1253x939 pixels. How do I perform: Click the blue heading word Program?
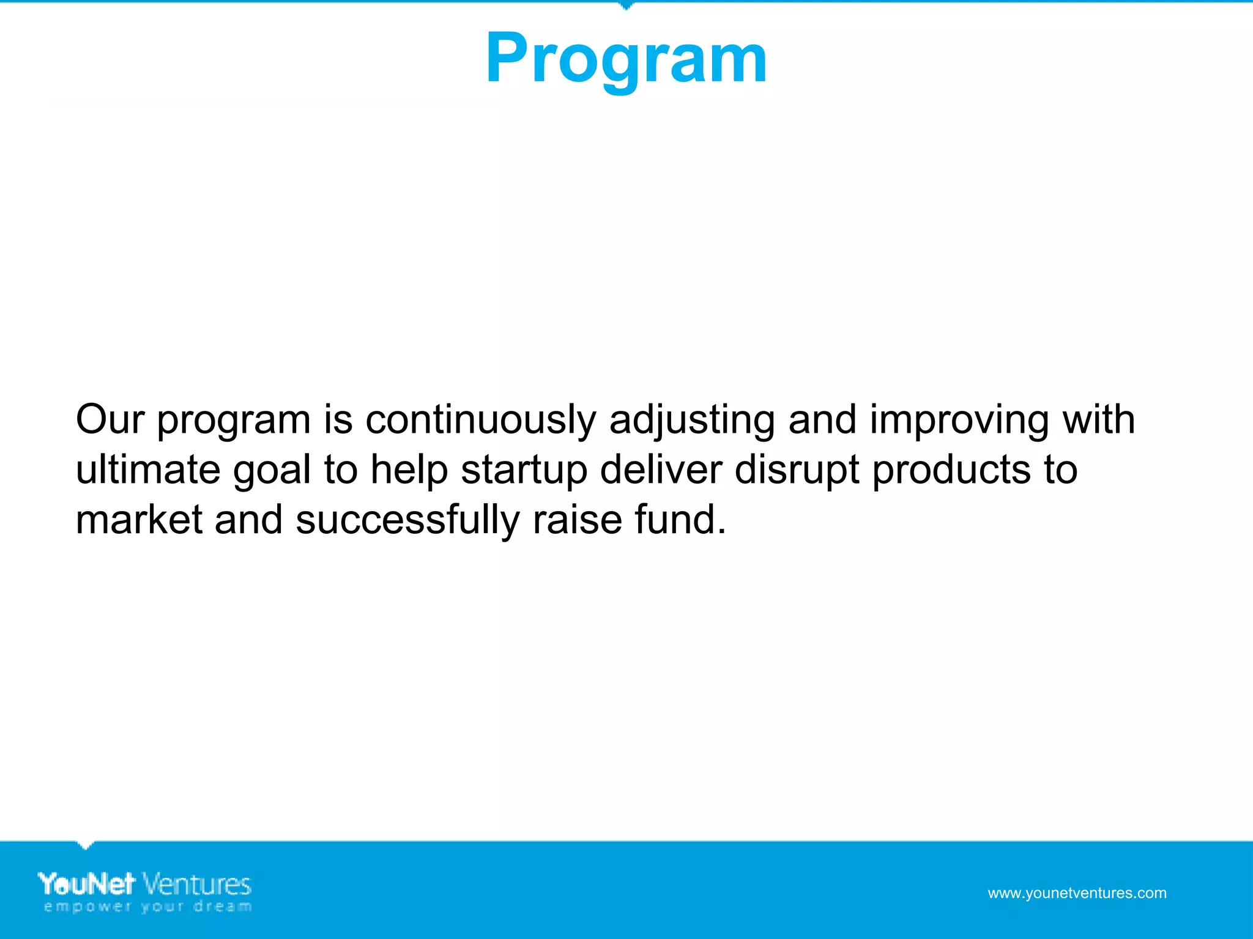coord(626,60)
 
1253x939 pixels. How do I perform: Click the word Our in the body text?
coord(110,420)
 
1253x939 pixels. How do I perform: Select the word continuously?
coord(480,421)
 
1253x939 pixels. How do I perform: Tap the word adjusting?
coord(692,421)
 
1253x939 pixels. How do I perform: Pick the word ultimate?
coord(147,470)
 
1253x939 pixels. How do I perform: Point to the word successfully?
coord(407,521)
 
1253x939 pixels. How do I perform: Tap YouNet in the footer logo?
coord(86,884)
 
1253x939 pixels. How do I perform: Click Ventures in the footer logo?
coord(197,885)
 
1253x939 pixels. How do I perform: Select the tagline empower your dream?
coord(147,907)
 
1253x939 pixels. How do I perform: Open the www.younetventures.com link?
coord(1077,893)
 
